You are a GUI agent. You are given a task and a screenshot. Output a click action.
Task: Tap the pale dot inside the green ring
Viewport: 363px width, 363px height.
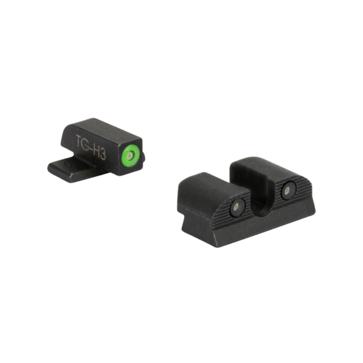(x=131, y=156)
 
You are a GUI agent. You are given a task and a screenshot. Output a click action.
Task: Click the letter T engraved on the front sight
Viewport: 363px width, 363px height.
(x=79, y=140)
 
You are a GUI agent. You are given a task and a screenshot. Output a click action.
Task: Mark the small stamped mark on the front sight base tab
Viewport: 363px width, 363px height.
(x=69, y=165)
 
